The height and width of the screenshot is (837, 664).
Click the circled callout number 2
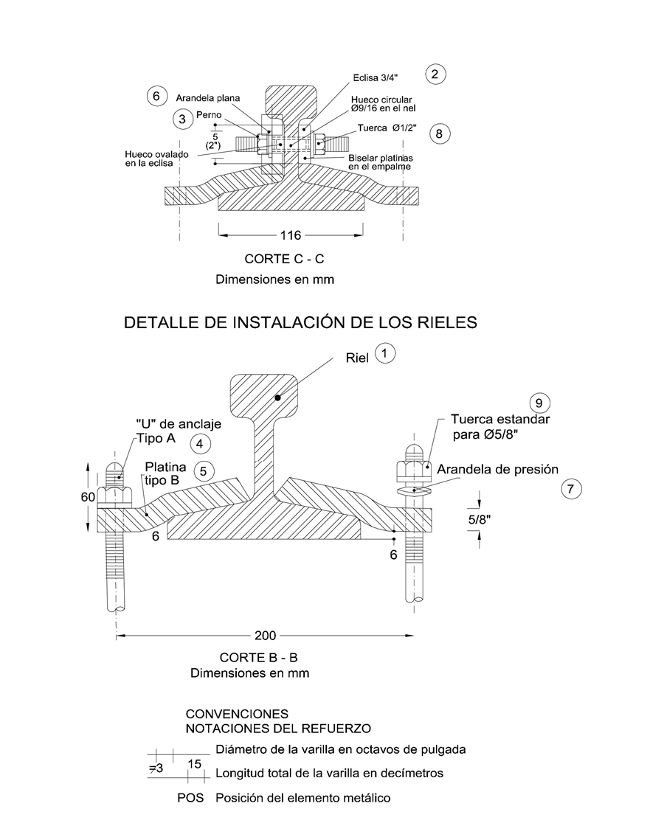pyautogui.click(x=435, y=74)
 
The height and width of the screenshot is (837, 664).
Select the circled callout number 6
pyautogui.click(x=155, y=97)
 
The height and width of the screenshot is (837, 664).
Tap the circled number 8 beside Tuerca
pyautogui.click(x=439, y=133)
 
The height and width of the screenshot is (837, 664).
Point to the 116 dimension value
pyautogui.click(x=291, y=235)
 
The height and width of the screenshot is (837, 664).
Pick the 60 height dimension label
pyautogui.click(x=88, y=497)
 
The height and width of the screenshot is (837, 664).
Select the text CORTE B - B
pyautogui.click(x=258, y=657)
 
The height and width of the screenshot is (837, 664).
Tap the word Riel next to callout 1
pyautogui.click(x=358, y=358)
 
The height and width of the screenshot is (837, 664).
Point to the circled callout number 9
pyautogui.click(x=539, y=403)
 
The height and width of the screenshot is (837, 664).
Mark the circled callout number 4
pyautogui.click(x=200, y=443)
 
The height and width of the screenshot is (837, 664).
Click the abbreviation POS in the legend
pyautogui.click(x=192, y=798)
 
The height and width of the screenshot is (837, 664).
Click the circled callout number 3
pyautogui.click(x=181, y=119)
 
